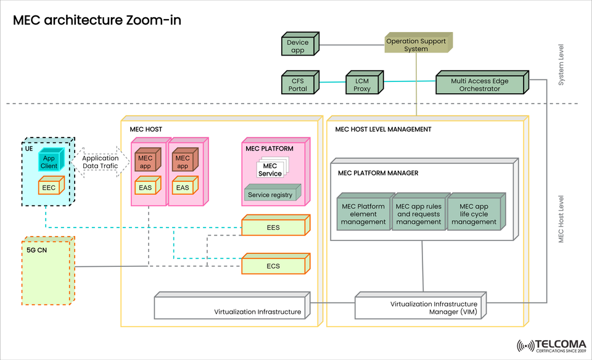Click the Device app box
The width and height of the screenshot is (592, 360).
click(298, 47)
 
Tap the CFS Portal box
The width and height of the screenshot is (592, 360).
click(298, 84)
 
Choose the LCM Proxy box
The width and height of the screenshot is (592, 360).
click(363, 84)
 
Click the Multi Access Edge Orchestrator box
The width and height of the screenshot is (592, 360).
click(479, 84)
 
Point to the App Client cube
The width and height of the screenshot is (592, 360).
click(49, 162)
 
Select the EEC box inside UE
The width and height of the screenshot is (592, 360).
click(49, 186)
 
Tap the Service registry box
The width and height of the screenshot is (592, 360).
click(269, 195)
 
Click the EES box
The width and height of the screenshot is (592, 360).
click(273, 227)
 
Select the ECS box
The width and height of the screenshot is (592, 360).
click(273, 266)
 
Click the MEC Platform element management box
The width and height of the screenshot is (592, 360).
click(363, 214)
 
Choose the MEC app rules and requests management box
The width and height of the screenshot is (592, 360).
click(418, 214)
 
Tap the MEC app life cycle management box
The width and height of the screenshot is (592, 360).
click(473, 214)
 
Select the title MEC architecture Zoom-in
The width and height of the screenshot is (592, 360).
click(97, 20)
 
